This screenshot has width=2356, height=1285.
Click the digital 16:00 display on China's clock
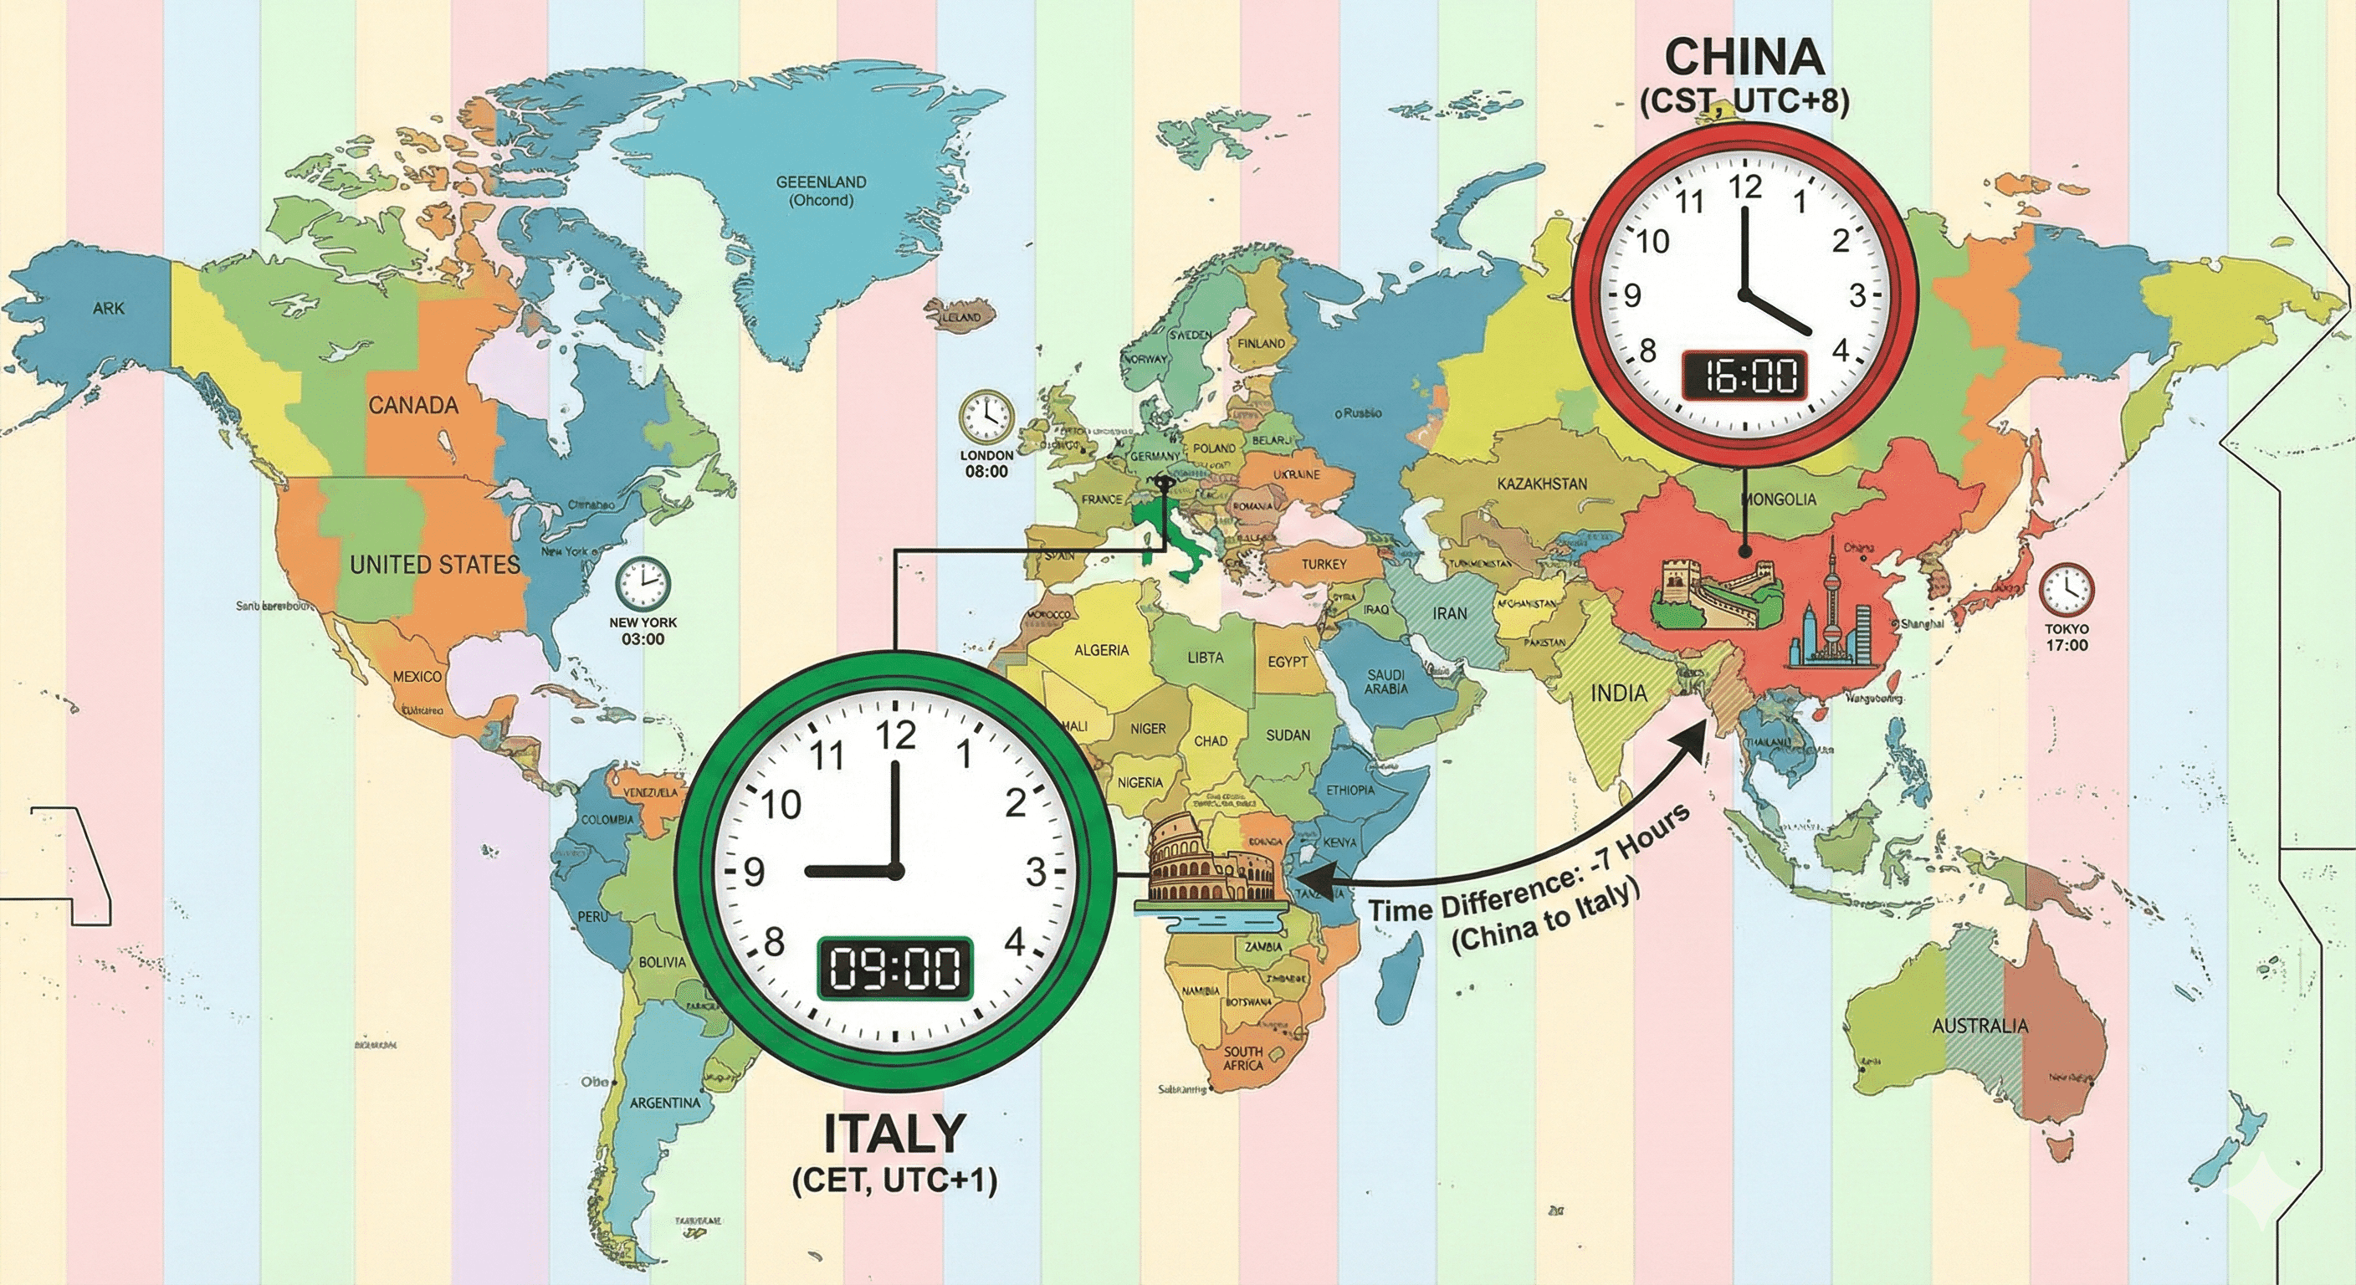[x=1744, y=376]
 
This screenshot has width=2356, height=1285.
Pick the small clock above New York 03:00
[x=642, y=583]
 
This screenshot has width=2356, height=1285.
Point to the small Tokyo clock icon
[x=2066, y=591]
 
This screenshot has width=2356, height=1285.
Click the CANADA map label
[x=412, y=405]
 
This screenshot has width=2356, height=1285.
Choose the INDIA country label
[x=1619, y=694]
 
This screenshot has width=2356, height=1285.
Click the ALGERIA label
[x=1101, y=650]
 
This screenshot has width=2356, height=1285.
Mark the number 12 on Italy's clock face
[x=895, y=735]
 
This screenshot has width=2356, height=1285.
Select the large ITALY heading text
[x=894, y=1134]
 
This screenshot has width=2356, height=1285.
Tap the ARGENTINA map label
[x=665, y=1103]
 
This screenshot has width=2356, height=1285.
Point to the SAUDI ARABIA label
[x=1385, y=681]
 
